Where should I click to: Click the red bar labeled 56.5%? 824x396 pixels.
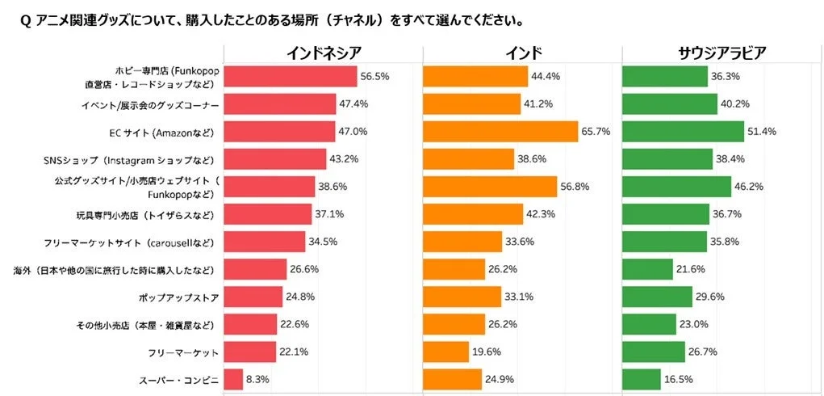[x=290, y=76]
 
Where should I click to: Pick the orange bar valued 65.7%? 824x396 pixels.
[x=500, y=132]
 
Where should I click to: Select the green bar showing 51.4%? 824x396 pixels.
[x=683, y=132]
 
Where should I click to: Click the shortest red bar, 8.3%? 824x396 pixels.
[x=233, y=379]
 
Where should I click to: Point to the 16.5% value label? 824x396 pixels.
[x=680, y=379]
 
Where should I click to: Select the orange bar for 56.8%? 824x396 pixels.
[x=490, y=187]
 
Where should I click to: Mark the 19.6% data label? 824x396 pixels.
[x=487, y=352]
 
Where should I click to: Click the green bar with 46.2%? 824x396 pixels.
[x=676, y=187]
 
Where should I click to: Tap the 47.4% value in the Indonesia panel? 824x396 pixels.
[x=353, y=104]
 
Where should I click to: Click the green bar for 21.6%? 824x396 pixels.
[x=647, y=269]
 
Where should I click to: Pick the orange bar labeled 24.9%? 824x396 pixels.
[x=452, y=379]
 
